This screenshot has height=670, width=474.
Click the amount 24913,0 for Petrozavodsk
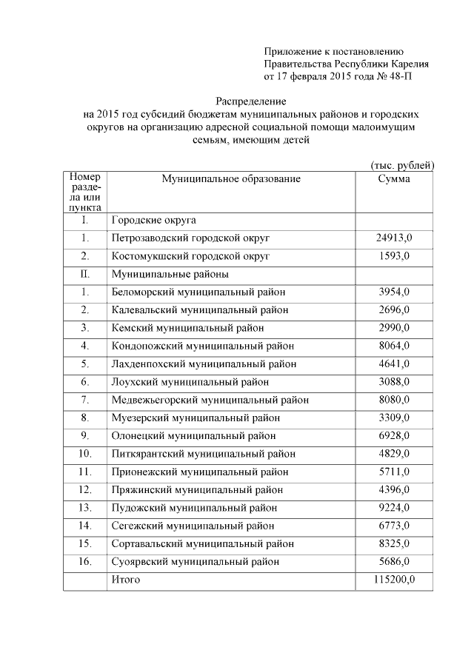point(393,238)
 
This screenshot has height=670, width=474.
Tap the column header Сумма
point(393,180)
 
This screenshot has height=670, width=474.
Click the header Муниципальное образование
point(232,180)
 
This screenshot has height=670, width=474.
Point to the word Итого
point(126,580)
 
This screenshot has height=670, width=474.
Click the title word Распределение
point(250,100)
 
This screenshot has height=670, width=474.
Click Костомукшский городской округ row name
point(190,256)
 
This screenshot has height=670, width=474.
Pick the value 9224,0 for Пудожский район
point(393,508)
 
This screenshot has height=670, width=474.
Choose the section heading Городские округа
point(153,221)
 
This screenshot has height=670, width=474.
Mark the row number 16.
point(85,561)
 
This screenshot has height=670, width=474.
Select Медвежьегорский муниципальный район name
point(210,401)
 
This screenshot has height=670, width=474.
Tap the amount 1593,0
point(393,256)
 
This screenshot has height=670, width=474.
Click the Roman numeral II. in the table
point(85,274)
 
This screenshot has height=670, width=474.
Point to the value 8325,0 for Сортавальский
point(393,543)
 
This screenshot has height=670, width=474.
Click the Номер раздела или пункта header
point(85,193)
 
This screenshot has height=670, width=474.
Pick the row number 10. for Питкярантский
point(85,454)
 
